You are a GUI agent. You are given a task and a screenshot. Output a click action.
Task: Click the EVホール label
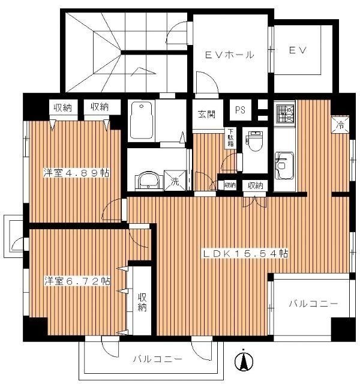(x=229, y=55)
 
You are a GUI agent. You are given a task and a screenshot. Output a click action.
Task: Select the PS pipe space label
(x=240, y=110)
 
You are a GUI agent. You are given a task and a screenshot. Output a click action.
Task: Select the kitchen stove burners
(x=283, y=113)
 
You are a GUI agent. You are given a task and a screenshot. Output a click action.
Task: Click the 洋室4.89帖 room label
(x=76, y=173)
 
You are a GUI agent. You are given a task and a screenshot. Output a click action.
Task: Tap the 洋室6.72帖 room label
(x=76, y=280)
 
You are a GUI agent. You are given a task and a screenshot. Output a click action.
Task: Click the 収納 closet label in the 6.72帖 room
(x=142, y=302)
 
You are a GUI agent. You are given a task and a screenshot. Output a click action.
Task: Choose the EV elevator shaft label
(x=298, y=50)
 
